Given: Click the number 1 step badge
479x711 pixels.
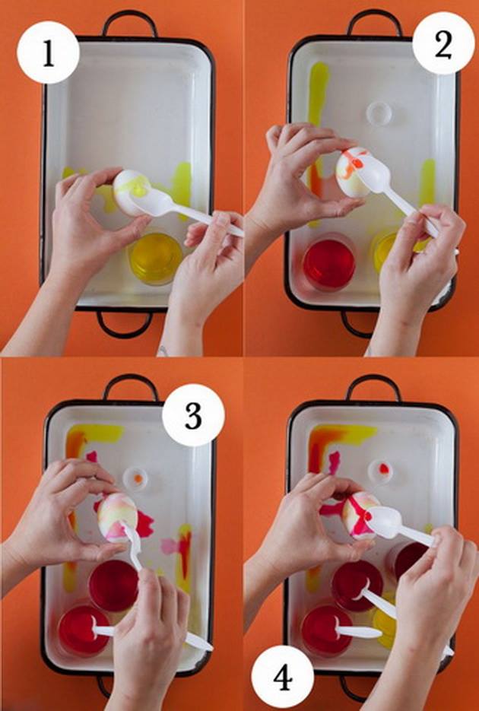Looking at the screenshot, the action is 48,52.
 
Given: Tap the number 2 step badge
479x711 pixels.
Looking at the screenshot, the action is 443,43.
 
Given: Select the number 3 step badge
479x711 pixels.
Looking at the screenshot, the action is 193,415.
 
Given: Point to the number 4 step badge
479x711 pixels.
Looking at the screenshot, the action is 283,677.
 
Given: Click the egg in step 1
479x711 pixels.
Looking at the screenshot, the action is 132,192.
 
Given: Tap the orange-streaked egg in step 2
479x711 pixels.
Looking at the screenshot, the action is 354,173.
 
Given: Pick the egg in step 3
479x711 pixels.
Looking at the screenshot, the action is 118,517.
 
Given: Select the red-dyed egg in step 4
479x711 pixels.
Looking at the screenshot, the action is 361,516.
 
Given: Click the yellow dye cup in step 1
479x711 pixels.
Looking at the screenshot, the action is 155,258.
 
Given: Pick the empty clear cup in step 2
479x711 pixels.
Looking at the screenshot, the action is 379,113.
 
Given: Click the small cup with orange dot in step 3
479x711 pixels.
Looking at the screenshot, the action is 136,479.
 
